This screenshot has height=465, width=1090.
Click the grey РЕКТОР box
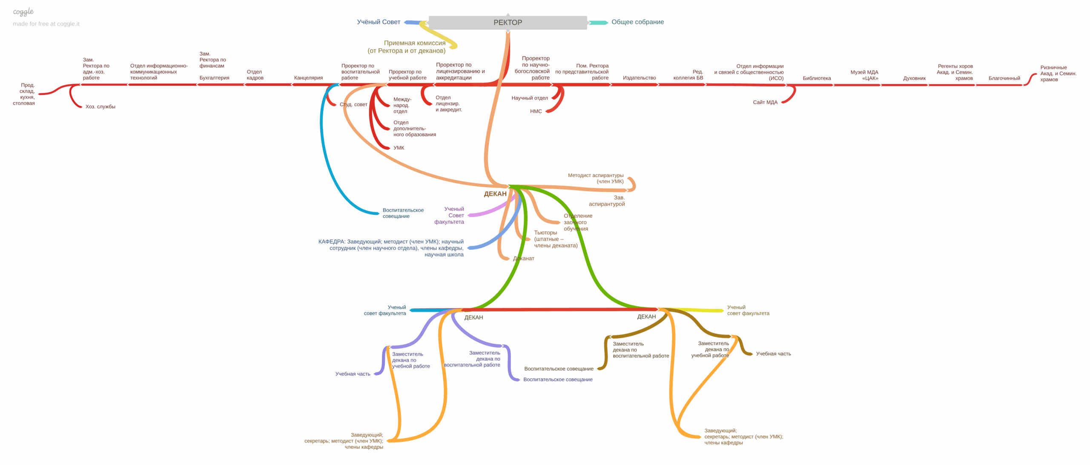point(508,23)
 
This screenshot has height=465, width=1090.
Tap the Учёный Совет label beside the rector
point(378,22)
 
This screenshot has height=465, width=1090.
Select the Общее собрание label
point(637,22)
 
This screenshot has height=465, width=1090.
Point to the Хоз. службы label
point(100,107)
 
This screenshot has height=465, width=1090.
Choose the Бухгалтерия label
point(214,78)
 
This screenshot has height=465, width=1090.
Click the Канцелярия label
point(308,78)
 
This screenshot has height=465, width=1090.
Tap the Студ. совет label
point(353,105)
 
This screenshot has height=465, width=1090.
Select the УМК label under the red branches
point(399,148)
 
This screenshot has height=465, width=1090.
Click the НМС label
point(536,111)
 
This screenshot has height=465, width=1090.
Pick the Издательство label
point(639,78)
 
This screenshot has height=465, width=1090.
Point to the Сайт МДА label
point(765,103)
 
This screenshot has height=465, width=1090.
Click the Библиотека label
point(817,78)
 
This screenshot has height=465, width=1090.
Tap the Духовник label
point(914,78)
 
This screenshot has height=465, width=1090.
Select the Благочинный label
point(1004,78)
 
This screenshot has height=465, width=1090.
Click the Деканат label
point(523,259)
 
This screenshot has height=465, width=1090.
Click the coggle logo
point(23,12)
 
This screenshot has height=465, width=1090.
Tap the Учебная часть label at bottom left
point(353,374)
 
